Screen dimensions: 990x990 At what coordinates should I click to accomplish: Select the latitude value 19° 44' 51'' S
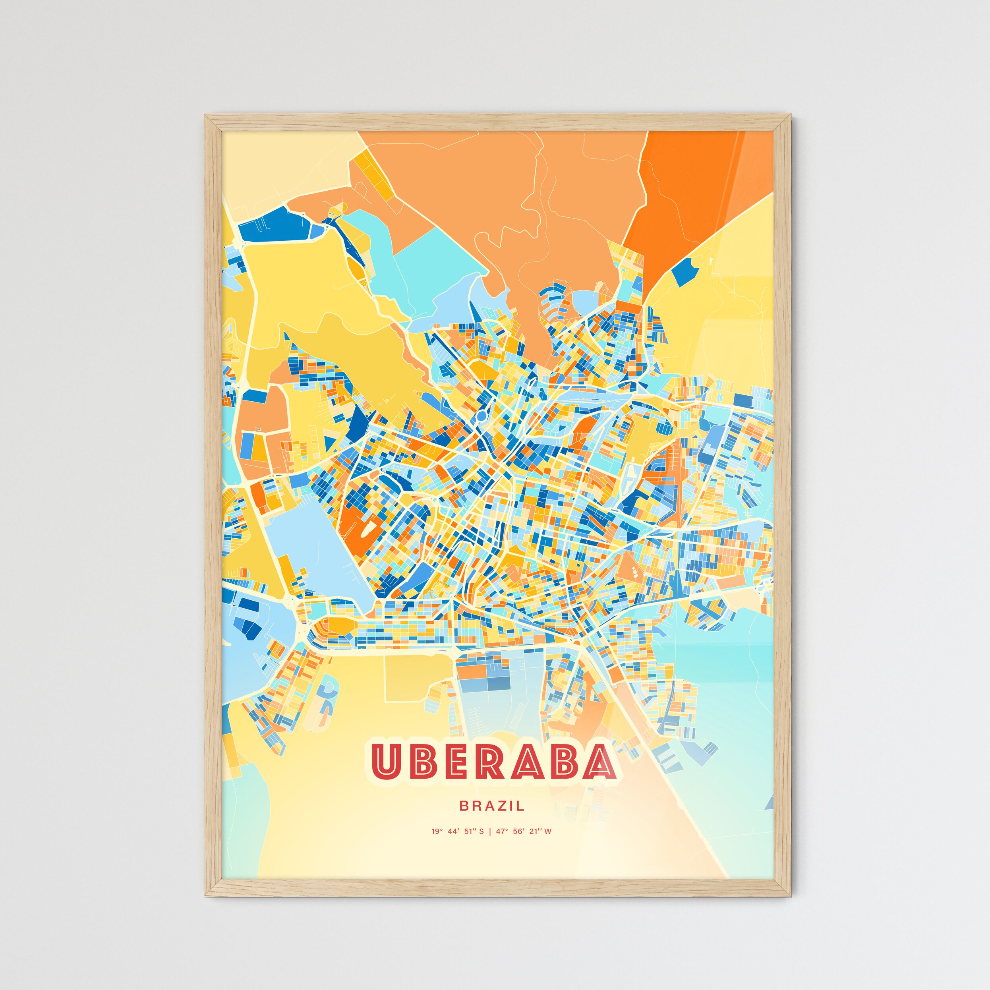(458, 831)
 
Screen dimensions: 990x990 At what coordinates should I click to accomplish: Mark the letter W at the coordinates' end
(548, 831)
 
